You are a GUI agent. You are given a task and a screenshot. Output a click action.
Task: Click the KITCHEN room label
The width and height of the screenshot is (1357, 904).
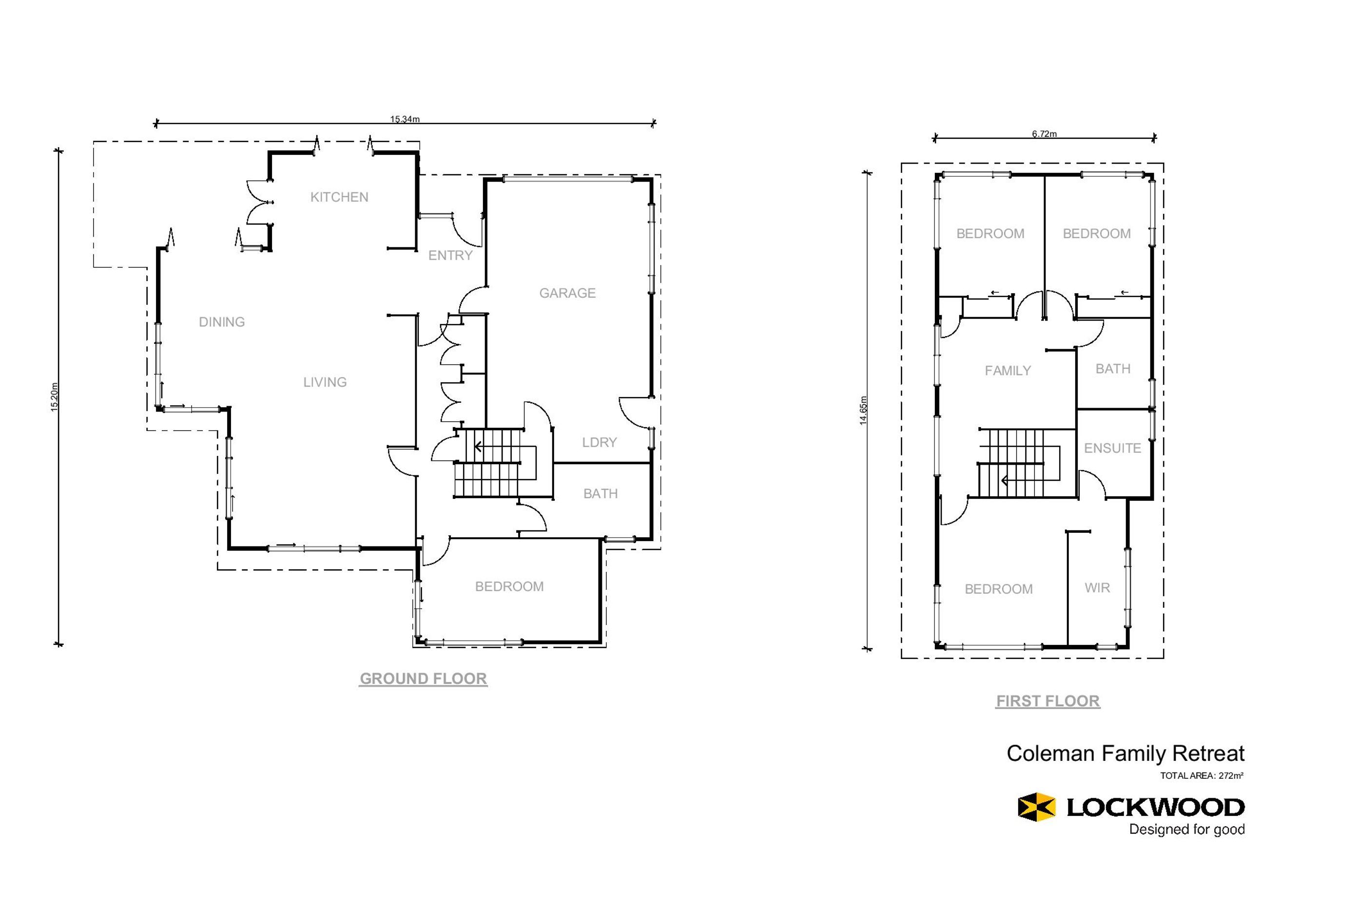[x=339, y=197]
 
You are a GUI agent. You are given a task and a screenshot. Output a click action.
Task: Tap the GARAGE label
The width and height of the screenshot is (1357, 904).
[x=567, y=293]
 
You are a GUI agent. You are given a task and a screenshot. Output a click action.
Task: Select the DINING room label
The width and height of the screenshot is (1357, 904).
[x=222, y=321]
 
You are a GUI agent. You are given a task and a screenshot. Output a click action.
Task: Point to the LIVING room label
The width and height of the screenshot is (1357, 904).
[x=325, y=382]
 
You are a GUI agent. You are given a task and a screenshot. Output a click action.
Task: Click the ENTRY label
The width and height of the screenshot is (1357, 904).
[x=450, y=255]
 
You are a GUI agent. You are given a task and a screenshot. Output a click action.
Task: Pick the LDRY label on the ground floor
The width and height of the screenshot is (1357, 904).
[x=600, y=442]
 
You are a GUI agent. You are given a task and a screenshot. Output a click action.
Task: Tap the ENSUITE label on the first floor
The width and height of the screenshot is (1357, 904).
[x=1112, y=448]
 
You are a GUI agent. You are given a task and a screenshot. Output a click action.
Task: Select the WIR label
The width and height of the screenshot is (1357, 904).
[x=1097, y=587]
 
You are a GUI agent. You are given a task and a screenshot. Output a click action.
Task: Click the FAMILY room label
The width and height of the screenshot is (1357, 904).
[x=1008, y=371]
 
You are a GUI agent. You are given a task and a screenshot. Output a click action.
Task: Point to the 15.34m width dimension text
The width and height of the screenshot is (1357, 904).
[x=405, y=119]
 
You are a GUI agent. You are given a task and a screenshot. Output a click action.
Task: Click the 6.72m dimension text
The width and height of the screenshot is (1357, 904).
[x=1044, y=134]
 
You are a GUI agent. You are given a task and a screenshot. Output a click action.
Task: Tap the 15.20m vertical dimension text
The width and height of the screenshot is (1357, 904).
[x=54, y=397]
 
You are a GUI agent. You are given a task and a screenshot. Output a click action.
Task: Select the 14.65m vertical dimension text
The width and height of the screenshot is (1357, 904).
[x=863, y=411]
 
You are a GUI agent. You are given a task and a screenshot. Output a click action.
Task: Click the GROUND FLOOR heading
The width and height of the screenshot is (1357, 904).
[x=423, y=678]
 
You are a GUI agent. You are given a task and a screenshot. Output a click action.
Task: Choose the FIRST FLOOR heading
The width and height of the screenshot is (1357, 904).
[x=1048, y=701]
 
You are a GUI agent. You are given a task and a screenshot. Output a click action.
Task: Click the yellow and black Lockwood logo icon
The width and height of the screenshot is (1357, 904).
[x=1036, y=807]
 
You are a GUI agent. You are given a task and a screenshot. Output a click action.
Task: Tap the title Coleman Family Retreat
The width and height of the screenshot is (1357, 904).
[x=1125, y=753]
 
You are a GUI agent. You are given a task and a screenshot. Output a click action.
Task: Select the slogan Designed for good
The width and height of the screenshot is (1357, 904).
[x=1186, y=829]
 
